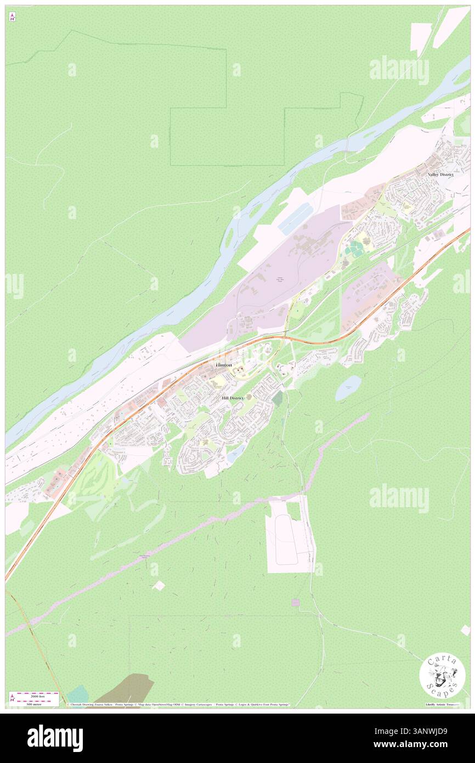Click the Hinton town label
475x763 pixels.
click(223, 365)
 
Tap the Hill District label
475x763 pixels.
click(232, 397)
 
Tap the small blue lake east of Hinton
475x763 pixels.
click(348, 388)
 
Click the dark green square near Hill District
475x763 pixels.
click(278, 397)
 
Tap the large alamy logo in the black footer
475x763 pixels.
click(55, 738)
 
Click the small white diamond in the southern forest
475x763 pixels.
click(159, 586)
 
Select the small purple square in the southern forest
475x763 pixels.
click(296, 602)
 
